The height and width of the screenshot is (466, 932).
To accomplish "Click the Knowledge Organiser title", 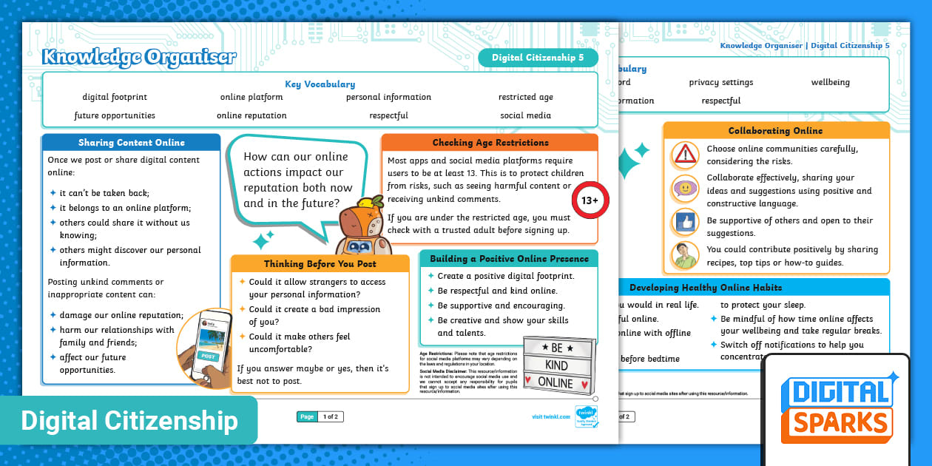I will tap(140, 57).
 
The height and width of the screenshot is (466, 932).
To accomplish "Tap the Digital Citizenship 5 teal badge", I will tap(538, 57).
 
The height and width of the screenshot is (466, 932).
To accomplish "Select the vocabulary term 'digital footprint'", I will tap(115, 97).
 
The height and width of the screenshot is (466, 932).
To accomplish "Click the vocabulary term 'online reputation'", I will tap(251, 115).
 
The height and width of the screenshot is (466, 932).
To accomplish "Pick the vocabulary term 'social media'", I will tap(525, 115).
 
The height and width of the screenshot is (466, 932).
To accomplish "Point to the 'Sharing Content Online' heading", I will tap(131, 143).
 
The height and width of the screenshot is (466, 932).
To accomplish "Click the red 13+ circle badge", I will tap(590, 200).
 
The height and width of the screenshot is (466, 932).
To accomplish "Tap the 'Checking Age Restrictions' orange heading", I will tap(490, 143).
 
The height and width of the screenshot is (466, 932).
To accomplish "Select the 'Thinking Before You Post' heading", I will tap(320, 264).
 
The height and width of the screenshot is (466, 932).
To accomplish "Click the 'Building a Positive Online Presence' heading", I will tap(509, 259).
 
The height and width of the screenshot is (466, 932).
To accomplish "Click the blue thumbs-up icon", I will tap(685, 221).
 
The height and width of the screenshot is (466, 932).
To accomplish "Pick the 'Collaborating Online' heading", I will tap(775, 131).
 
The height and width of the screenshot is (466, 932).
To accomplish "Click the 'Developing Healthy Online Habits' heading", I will tap(705, 287).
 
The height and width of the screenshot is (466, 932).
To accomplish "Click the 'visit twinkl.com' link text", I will tap(551, 417).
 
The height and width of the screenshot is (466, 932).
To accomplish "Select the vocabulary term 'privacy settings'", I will tap(720, 82).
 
